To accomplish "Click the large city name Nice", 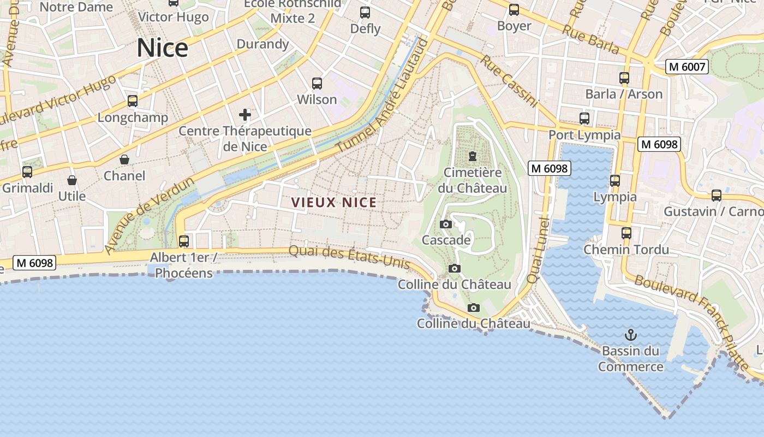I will pyautogui.click(x=162, y=48).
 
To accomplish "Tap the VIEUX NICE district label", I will pyautogui.click(x=334, y=203).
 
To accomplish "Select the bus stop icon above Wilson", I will pyautogui.click(x=317, y=84).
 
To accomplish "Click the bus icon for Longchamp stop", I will pyautogui.click(x=133, y=101).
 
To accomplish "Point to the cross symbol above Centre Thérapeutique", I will pyautogui.click(x=245, y=115).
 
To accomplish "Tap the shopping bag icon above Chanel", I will pyautogui.click(x=124, y=160).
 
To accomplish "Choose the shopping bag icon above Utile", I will pyautogui.click(x=71, y=180).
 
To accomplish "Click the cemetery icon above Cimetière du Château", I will pyautogui.click(x=472, y=157).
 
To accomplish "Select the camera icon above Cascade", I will pyautogui.click(x=446, y=224).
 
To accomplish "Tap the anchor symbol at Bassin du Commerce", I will pyautogui.click(x=631, y=334).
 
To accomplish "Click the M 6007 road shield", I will pyautogui.click(x=687, y=67).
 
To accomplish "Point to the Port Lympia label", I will pyautogui.click(x=584, y=135).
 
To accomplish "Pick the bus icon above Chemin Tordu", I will pyautogui.click(x=626, y=233).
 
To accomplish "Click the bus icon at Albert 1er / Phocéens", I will pyautogui.click(x=184, y=241).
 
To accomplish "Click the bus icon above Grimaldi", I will pyautogui.click(x=27, y=172).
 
